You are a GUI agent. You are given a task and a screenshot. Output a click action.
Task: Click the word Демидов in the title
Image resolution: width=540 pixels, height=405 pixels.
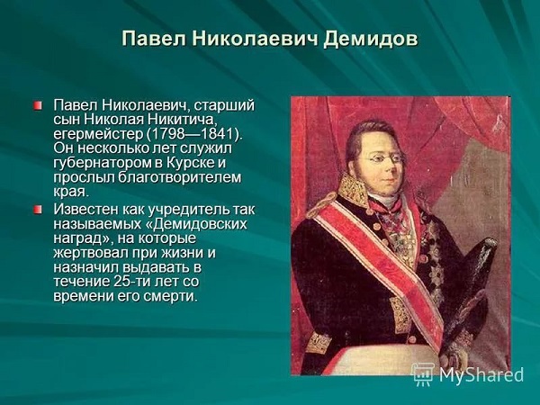(371, 39)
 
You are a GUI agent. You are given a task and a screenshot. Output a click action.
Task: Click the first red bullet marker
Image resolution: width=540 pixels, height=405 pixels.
(38, 104)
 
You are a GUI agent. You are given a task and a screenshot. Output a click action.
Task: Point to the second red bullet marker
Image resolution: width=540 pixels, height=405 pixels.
(38, 209)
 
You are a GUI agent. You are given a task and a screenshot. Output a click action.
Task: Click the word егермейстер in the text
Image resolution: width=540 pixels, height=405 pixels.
(98, 134)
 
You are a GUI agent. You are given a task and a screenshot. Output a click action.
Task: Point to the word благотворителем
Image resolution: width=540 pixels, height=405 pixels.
(180, 177)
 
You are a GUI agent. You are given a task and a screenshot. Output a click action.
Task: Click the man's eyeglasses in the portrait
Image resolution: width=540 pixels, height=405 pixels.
(384, 158)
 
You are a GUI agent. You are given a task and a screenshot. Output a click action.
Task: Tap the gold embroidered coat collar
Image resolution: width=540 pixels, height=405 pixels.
(354, 189)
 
